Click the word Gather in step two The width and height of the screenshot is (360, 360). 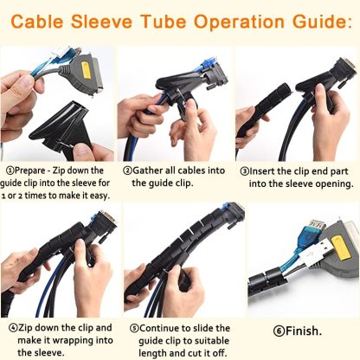150,170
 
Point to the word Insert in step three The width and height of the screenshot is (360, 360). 267,170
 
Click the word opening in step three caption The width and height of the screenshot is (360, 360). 333,183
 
